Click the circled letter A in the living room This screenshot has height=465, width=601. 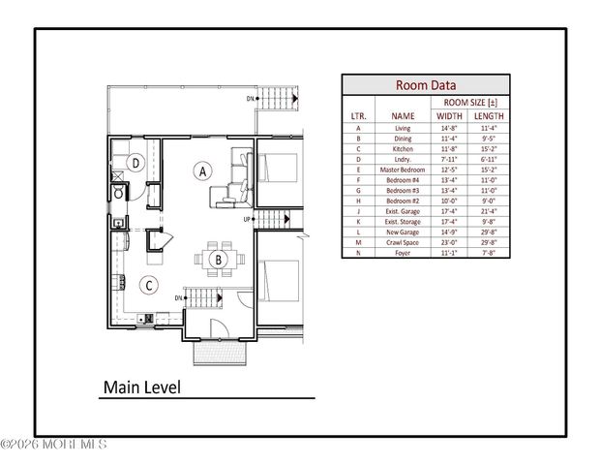click(x=203, y=170)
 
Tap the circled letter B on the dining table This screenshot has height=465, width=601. click(x=220, y=259)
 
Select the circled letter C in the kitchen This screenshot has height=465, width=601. click(x=148, y=285)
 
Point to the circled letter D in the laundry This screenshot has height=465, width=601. click(x=137, y=163)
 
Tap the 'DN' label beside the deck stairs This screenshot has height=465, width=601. click(x=251, y=99)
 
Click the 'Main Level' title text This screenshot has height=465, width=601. click(x=141, y=387)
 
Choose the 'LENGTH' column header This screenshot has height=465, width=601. click(x=488, y=115)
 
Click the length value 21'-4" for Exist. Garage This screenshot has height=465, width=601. click(x=488, y=210)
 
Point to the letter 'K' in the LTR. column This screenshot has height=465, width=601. click(x=358, y=221)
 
